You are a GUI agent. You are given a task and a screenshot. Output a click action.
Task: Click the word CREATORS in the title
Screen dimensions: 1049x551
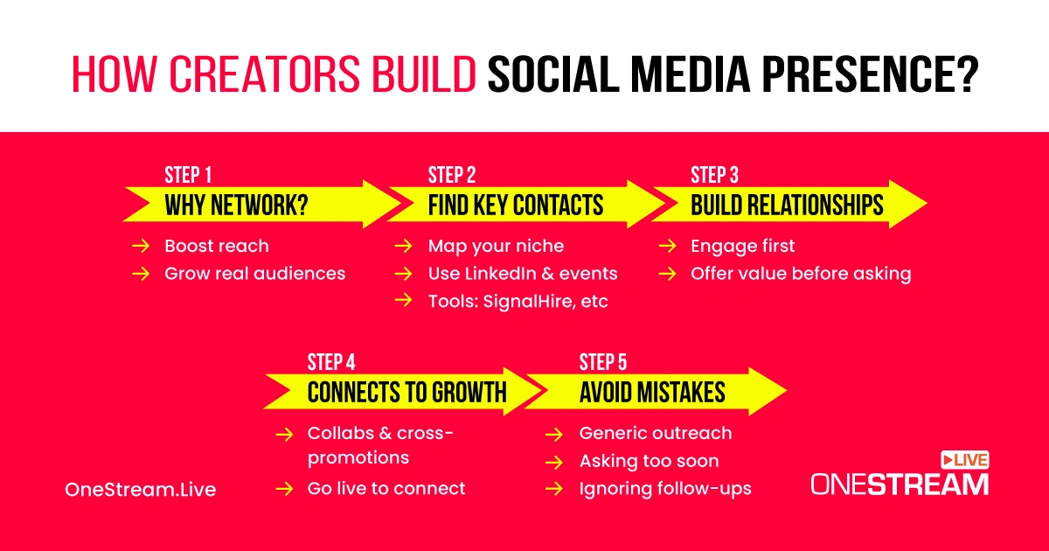264,74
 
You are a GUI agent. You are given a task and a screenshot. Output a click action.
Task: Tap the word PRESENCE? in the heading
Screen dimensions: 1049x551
870,74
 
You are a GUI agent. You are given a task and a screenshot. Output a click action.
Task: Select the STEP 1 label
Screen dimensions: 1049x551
188,175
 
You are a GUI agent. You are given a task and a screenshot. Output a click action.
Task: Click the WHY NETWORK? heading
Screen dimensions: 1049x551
237,205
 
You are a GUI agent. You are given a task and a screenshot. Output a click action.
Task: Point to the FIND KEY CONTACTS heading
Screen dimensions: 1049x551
516,205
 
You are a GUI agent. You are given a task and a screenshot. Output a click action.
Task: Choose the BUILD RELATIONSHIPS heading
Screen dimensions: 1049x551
787,205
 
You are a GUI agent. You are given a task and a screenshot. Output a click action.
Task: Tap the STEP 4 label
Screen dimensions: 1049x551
331,362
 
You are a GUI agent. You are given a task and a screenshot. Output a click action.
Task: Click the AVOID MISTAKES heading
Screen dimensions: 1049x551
652,392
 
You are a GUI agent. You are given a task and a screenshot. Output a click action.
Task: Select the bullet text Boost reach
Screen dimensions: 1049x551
217,246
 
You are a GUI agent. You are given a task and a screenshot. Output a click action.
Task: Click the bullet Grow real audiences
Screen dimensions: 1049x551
254,274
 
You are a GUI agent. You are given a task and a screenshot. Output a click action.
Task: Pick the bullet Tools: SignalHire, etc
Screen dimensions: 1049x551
518,301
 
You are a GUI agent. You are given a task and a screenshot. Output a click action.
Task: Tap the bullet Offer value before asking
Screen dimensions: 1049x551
801,274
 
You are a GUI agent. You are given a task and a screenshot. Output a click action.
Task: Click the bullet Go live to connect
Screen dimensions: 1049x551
386,488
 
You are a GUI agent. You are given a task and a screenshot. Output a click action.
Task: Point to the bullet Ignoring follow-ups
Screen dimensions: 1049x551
665,489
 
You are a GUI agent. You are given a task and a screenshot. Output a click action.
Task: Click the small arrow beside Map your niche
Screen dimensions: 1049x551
403,246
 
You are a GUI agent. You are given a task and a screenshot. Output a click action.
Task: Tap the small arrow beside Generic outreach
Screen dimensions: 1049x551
554,435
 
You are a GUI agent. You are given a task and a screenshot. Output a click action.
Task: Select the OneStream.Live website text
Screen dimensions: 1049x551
141,490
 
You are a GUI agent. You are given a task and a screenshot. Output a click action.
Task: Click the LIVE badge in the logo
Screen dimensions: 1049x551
965,460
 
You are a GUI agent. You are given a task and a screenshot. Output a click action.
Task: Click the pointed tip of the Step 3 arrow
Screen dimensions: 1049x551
927,203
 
